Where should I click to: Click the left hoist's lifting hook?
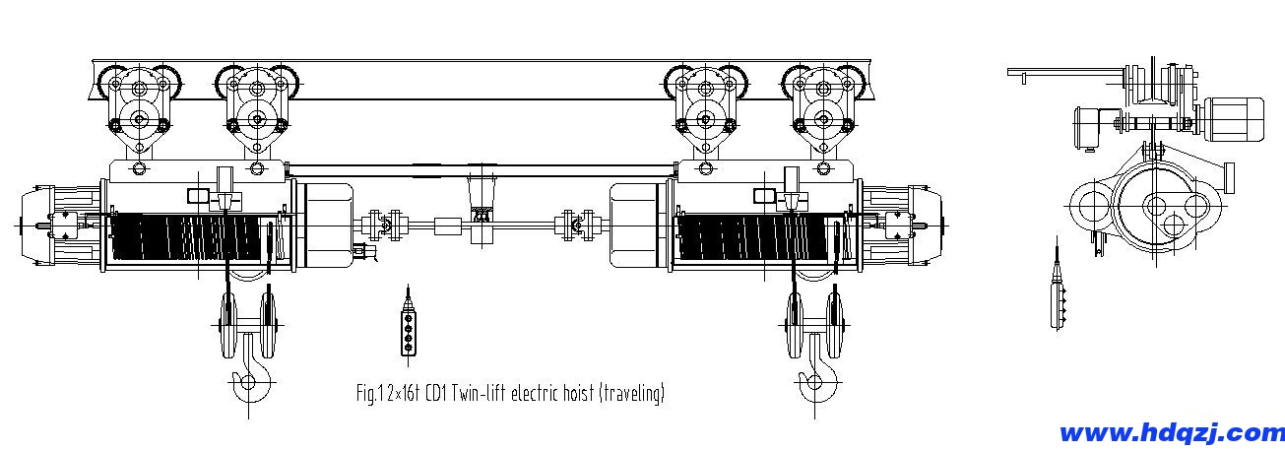251,367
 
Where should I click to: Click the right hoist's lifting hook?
817,368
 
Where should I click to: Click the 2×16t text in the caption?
404,394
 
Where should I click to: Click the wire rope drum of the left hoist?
186,235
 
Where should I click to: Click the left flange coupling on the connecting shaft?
385,225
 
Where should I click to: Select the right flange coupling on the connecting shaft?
578,225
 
